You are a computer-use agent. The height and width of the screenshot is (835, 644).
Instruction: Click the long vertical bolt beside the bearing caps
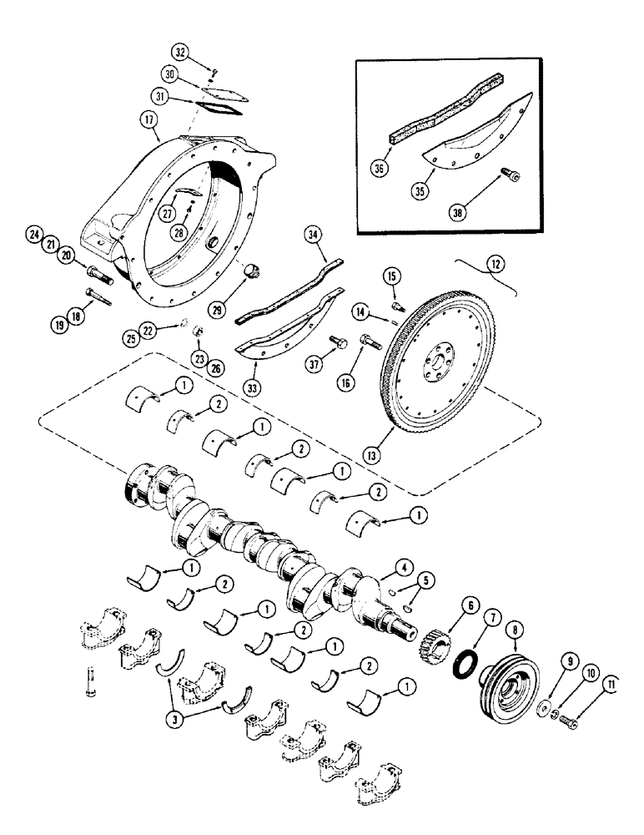coord(88,679)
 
